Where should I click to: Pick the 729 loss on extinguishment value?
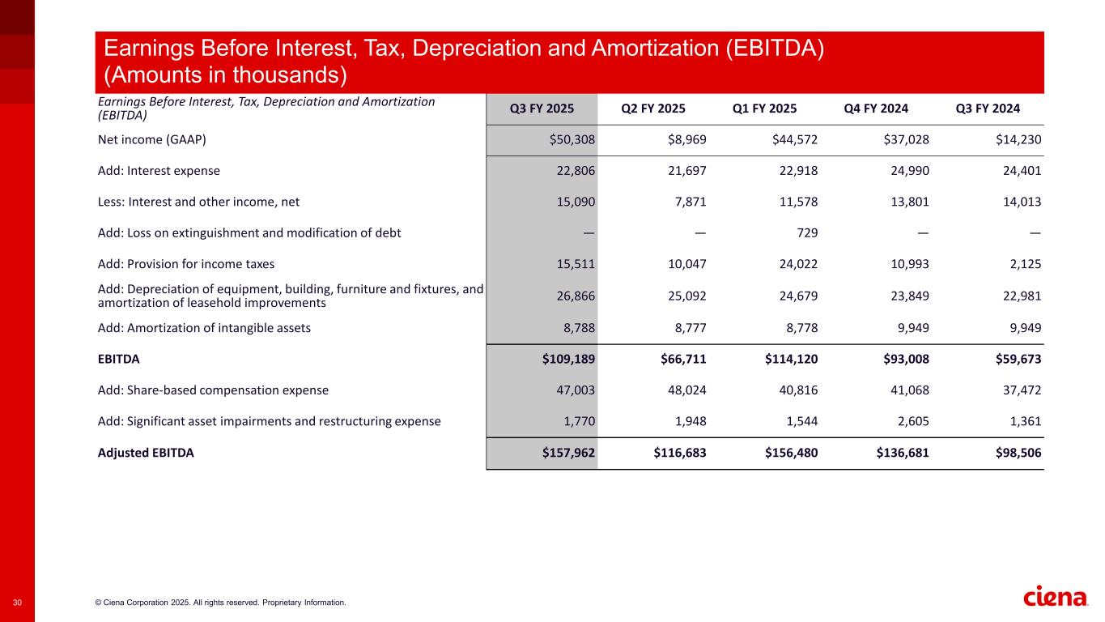tap(807, 233)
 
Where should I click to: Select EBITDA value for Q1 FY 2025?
tap(792, 359)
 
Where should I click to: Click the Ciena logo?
tap(1056, 598)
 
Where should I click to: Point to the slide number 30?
tap(17, 603)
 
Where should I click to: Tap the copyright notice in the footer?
tap(220, 603)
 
